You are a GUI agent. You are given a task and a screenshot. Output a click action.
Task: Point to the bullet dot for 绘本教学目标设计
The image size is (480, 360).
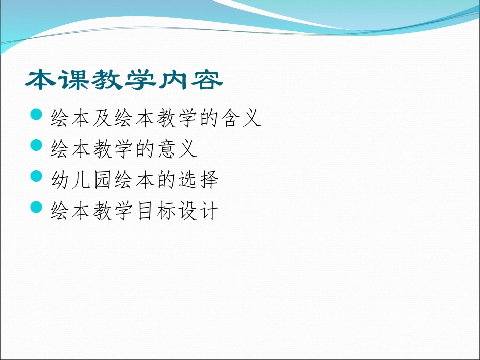tap(37, 207)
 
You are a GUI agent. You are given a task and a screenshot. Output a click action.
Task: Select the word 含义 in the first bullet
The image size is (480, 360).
tap(239, 118)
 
